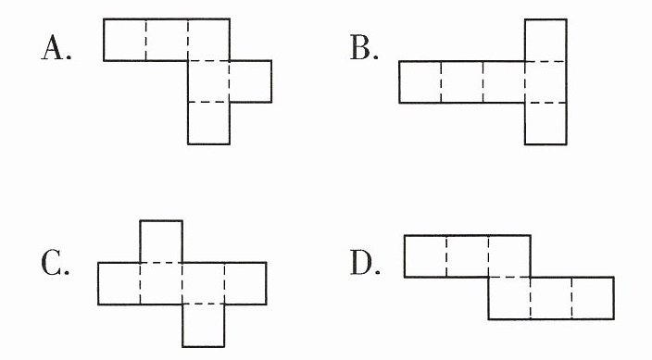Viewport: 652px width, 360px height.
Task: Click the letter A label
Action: click(x=56, y=48)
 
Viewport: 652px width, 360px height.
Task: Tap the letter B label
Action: click(x=364, y=48)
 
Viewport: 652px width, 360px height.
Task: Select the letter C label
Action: click(x=55, y=263)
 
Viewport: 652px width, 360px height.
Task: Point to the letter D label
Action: click(x=365, y=263)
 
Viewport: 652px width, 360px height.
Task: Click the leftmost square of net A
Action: click(x=125, y=40)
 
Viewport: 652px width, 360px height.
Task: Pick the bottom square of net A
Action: click(x=208, y=123)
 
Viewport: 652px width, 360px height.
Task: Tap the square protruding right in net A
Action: click(x=251, y=81)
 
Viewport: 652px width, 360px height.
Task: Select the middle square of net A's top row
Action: click(x=167, y=40)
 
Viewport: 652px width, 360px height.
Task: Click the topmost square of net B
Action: click(x=545, y=41)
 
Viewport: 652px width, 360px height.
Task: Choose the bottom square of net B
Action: click(x=545, y=123)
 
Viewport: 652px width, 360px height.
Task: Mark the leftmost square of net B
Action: click(x=420, y=81)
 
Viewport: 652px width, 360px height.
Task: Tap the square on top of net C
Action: click(x=161, y=242)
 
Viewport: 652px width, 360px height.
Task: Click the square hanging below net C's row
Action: click(x=204, y=326)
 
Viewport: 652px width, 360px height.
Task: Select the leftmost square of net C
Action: click(x=119, y=283)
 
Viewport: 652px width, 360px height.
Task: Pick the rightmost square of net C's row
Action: click(x=245, y=283)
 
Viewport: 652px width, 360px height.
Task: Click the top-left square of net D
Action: click(x=425, y=256)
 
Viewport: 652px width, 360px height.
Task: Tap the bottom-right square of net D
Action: click(x=593, y=298)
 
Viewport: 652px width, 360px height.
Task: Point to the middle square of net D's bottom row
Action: click(x=551, y=298)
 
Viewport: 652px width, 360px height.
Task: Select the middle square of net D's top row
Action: click(x=468, y=256)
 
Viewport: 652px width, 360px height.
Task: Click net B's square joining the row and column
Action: click(x=545, y=81)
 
